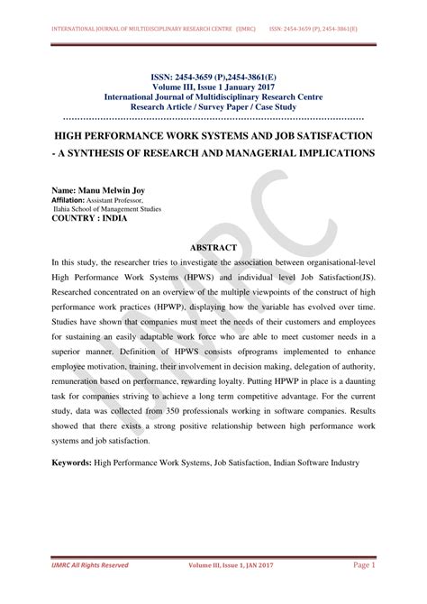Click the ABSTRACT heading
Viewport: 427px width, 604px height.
click(213, 246)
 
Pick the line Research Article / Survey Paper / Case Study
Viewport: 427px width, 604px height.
click(213, 105)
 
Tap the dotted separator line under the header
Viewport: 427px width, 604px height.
click(213, 117)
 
